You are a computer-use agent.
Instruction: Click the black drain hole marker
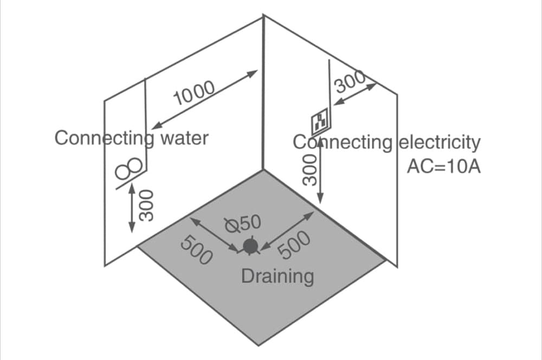click(x=250, y=246)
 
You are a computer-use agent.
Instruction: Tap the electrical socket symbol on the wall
click(x=320, y=121)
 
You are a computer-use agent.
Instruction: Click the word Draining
click(x=277, y=277)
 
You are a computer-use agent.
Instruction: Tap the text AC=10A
click(x=443, y=165)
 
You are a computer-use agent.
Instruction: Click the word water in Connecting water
click(x=184, y=138)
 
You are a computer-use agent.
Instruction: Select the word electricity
click(x=440, y=143)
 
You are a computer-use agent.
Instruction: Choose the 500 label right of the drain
click(x=295, y=245)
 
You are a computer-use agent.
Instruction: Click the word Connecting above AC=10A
click(x=342, y=143)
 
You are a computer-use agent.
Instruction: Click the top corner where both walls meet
click(x=264, y=16)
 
